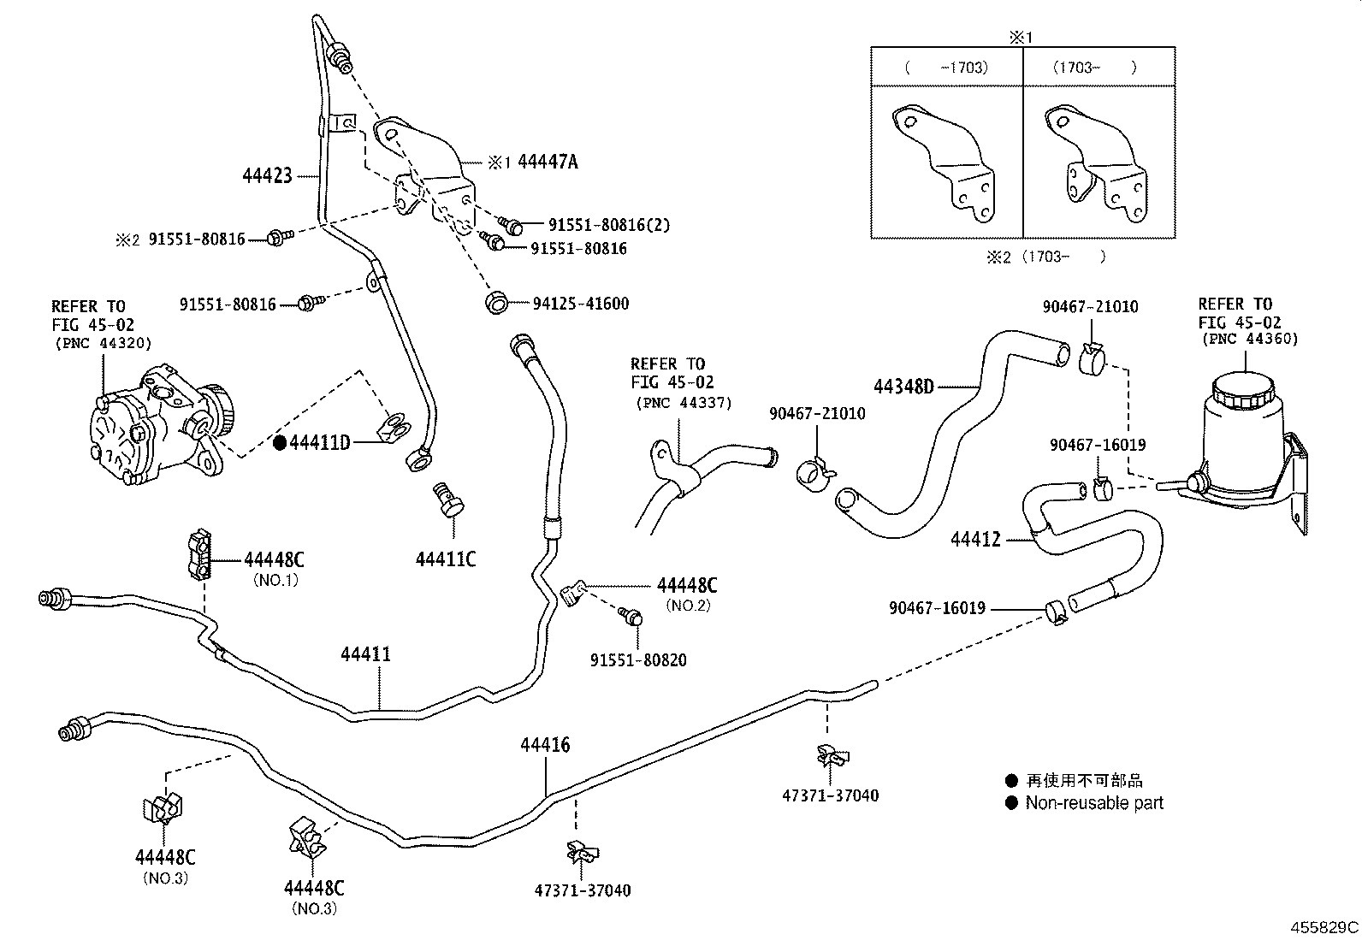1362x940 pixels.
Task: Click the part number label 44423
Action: (x=267, y=176)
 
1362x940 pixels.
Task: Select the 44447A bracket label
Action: (x=548, y=162)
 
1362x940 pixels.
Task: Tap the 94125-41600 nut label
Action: (x=580, y=304)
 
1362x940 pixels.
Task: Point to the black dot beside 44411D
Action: (x=279, y=442)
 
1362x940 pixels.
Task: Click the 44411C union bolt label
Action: (x=445, y=559)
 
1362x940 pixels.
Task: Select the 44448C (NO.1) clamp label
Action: (x=274, y=560)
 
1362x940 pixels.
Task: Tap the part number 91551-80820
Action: (x=637, y=660)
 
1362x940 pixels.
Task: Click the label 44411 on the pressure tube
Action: (x=365, y=654)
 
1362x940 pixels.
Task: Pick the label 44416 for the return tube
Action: (x=545, y=745)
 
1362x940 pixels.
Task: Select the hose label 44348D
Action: (x=903, y=387)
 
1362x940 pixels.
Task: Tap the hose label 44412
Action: (x=975, y=540)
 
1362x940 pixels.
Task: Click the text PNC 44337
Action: (x=684, y=402)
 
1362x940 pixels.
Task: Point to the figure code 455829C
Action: (x=1324, y=926)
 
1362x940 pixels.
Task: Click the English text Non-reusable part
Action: (x=1093, y=802)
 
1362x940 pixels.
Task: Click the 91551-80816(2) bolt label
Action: (x=608, y=225)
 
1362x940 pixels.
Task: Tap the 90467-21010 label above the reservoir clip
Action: (x=1090, y=307)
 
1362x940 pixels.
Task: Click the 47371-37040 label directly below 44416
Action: (x=583, y=890)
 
